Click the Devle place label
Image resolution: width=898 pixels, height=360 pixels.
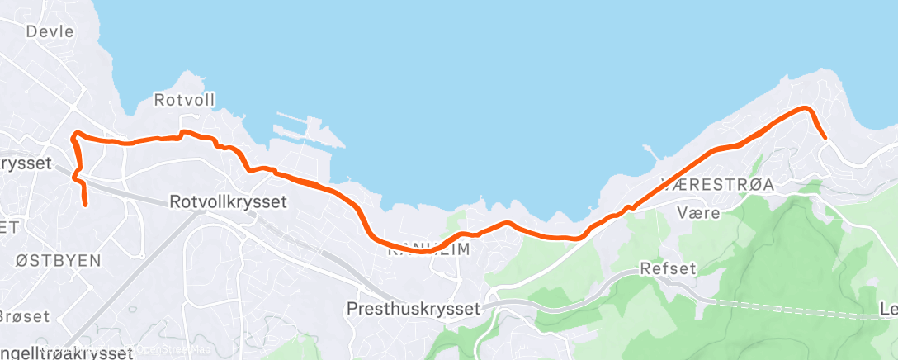(x=50, y=32)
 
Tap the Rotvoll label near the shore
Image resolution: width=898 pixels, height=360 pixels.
(x=185, y=101)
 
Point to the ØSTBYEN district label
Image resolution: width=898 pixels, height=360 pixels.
(x=59, y=261)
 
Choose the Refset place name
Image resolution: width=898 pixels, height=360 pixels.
(x=669, y=268)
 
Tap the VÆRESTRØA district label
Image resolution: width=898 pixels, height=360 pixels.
(x=717, y=185)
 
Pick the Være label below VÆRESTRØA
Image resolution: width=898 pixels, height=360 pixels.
(x=698, y=213)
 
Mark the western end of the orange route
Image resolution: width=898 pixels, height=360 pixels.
(x=85, y=203)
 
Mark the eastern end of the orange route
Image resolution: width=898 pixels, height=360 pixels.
(x=825, y=137)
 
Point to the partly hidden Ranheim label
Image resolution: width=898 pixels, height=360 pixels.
(x=429, y=248)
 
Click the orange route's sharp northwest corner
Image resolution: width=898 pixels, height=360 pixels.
(x=75, y=134)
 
